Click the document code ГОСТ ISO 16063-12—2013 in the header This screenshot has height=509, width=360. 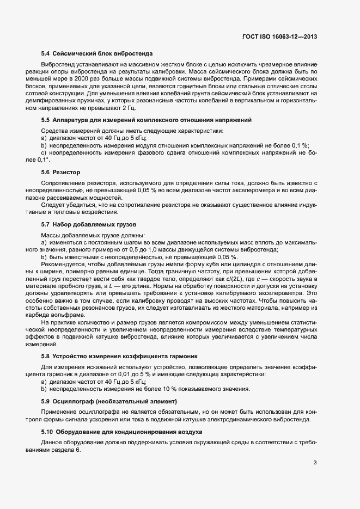click(x=279, y=36)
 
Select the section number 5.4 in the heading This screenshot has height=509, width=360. click(x=46, y=53)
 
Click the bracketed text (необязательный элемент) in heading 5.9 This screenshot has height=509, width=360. click(x=127, y=401)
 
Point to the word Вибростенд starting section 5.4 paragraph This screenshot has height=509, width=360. click(x=58, y=65)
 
